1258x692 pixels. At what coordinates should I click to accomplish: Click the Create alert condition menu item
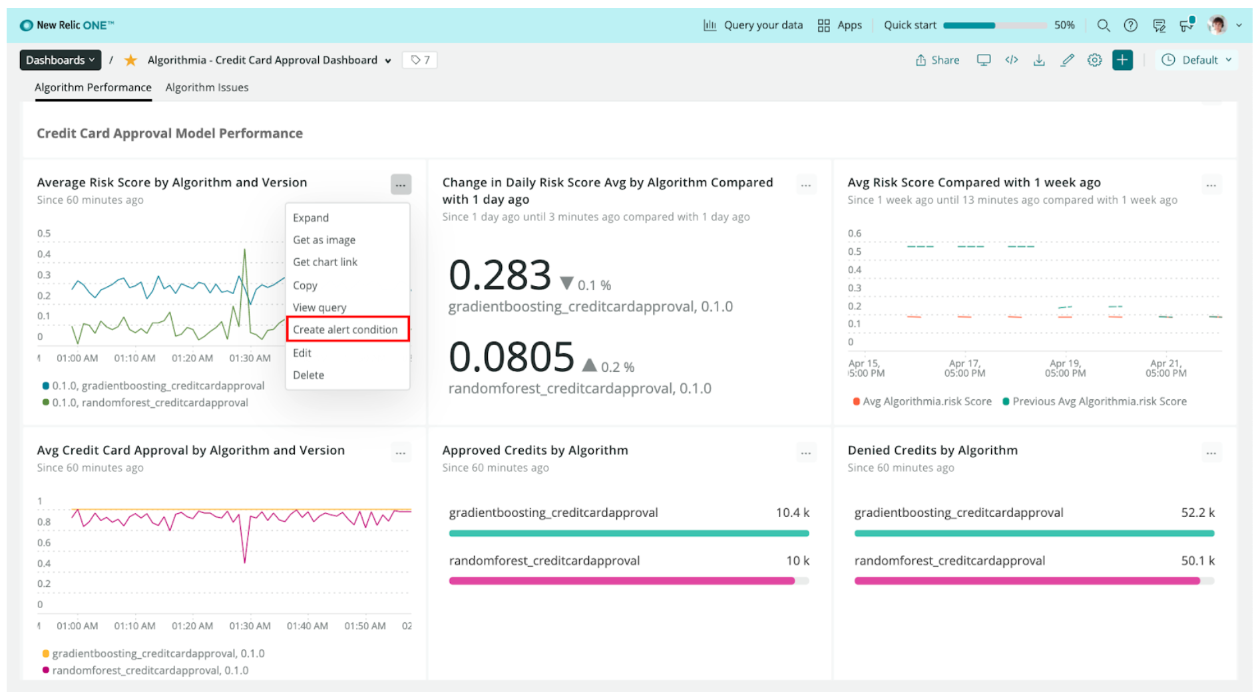pos(345,329)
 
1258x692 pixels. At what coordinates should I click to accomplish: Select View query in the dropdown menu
pos(319,307)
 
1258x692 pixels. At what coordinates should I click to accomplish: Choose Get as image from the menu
pos(324,240)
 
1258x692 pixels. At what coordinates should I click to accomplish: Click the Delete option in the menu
pos(308,375)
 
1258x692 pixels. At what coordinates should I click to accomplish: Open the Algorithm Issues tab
pos(206,87)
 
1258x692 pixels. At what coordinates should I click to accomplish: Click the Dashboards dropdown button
pos(60,60)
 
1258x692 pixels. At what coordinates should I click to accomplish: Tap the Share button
pos(937,60)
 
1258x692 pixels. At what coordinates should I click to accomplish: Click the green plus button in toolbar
pos(1122,60)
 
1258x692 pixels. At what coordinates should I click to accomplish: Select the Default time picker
pos(1197,60)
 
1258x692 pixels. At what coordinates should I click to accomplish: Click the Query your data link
pos(753,25)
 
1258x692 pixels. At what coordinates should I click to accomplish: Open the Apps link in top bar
pos(840,25)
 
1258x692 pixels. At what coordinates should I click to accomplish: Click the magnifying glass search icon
pos(1103,25)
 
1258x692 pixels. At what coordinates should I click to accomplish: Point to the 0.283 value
pos(500,275)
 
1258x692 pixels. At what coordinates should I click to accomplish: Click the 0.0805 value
pos(511,357)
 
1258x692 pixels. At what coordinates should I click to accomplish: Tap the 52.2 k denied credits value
pos(1197,512)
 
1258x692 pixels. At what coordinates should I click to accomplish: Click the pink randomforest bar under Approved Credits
pos(622,581)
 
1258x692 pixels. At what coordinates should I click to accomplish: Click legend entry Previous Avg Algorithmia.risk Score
pos(1099,401)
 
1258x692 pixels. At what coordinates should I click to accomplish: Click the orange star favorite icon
pos(130,60)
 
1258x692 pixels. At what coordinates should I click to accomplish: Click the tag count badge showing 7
pos(420,60)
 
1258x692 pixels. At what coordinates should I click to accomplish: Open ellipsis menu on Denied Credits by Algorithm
pos(1211,453)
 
